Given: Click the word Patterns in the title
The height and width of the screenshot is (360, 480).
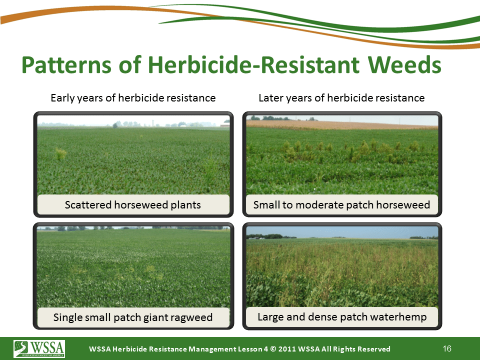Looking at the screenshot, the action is [66, 64].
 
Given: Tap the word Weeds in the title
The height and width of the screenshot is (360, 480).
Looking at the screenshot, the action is [404, 64].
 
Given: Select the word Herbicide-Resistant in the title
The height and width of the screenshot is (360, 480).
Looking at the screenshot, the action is [254, 64].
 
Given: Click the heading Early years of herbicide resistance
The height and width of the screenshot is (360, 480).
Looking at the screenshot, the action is [133, 98].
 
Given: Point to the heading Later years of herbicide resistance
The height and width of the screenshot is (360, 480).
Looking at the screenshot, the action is [341, 98].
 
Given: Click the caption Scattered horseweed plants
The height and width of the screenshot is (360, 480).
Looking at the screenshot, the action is [133, 205].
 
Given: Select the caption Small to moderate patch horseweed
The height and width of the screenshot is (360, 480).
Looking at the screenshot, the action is [341, 205].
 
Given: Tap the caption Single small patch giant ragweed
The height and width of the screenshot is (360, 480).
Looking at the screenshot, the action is [133, 317].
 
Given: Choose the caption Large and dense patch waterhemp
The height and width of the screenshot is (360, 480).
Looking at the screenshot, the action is [342, 317].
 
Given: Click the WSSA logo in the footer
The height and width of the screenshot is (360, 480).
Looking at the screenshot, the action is [39, 348].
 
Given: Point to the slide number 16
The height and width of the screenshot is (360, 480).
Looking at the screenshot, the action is [447, 348].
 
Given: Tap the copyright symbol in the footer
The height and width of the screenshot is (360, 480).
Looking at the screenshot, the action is [273, 349].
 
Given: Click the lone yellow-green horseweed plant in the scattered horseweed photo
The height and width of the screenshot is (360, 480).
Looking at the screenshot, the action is [61, 153].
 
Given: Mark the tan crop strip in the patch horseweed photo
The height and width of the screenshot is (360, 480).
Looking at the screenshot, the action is [342, 125].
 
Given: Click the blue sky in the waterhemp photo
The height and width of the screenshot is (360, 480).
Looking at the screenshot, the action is [342, 232].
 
